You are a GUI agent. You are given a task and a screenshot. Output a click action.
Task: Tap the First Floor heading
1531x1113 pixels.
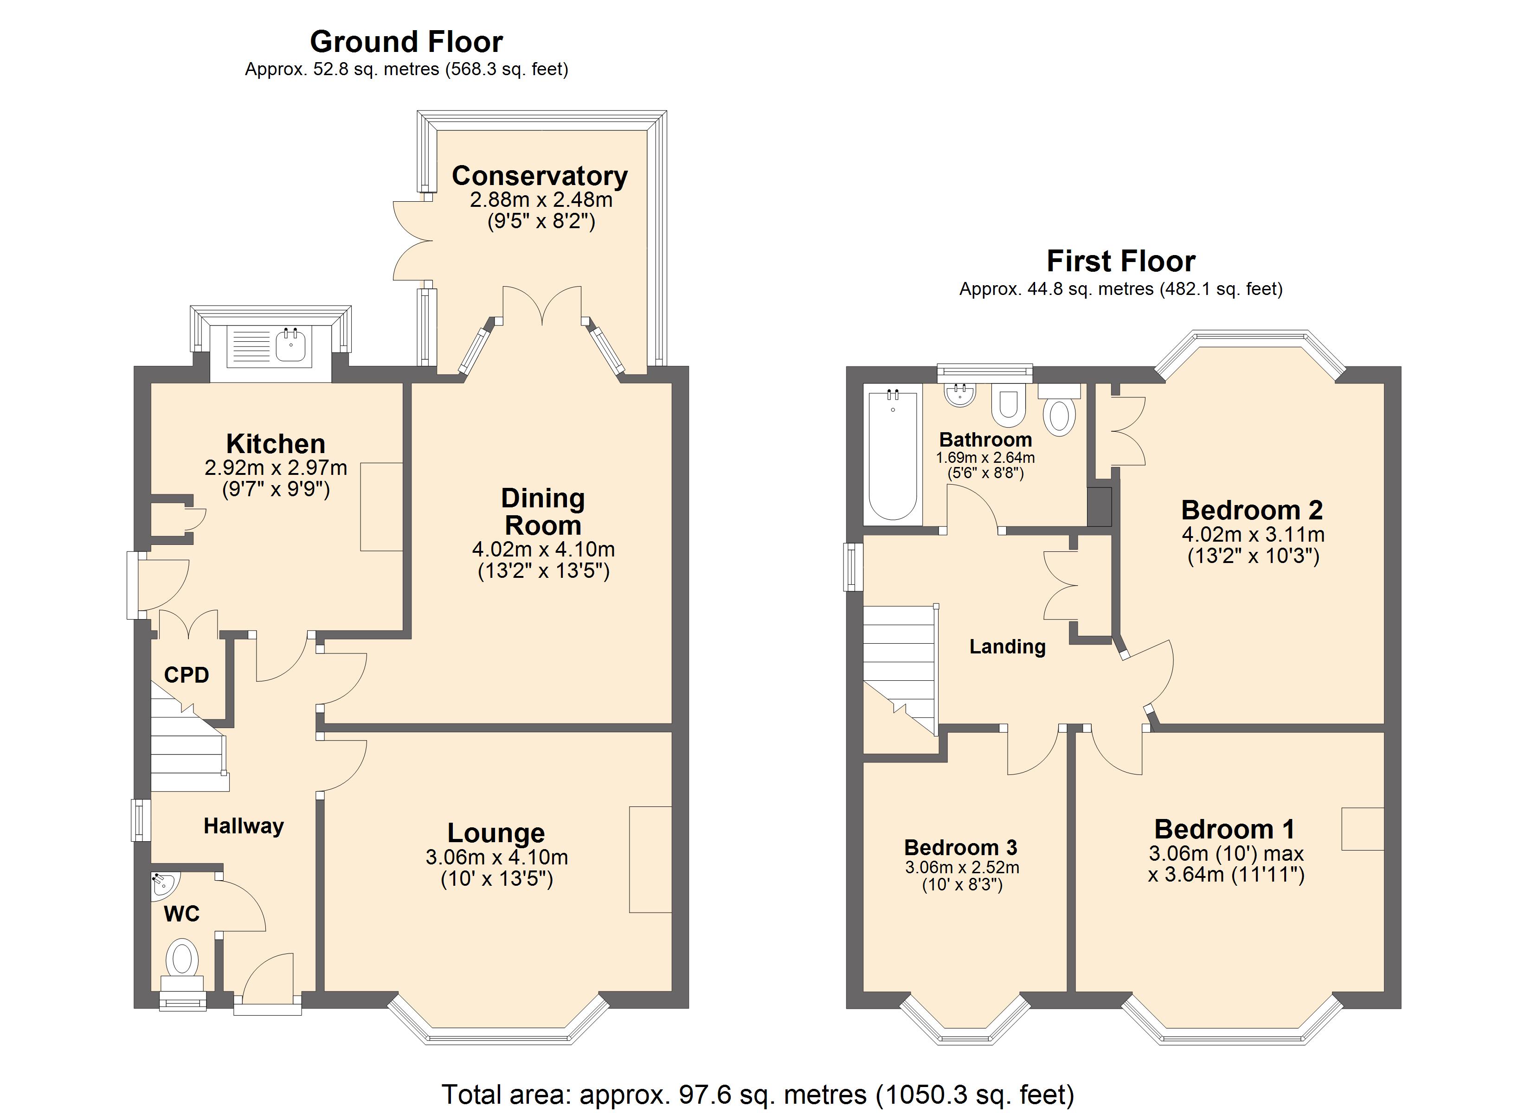(1120, 261)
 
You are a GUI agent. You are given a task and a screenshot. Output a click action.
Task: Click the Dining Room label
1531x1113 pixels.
(543, 512)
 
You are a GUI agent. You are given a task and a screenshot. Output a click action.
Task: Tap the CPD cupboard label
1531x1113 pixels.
(187, 674)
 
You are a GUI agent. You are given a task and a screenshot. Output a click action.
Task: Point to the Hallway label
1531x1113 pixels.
(244, 826)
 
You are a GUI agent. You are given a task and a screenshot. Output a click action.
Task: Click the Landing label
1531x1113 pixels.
(1007, 646)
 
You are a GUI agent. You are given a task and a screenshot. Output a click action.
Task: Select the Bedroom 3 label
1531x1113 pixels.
(961, 847)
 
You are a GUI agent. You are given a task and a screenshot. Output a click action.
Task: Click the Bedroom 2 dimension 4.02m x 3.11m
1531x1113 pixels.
(1253, 535)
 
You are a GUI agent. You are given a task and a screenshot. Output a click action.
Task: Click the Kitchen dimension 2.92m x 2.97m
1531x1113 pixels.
(276, 468)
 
